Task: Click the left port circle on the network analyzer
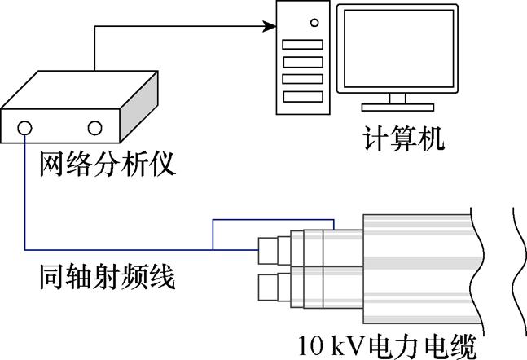click(x=25, y=128)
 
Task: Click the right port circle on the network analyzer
click(x=94, y=128)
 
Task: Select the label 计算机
click(x=403, y=139)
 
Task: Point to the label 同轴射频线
click(x=108, y=279)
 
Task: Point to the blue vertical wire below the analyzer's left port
click(x=25, y=195)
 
